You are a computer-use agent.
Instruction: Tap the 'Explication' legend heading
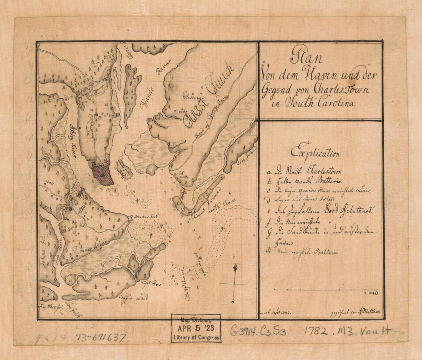315,152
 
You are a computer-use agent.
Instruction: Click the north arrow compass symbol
234,283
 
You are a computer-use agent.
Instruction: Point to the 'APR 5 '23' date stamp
196,329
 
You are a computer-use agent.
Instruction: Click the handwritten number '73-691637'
101,337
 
